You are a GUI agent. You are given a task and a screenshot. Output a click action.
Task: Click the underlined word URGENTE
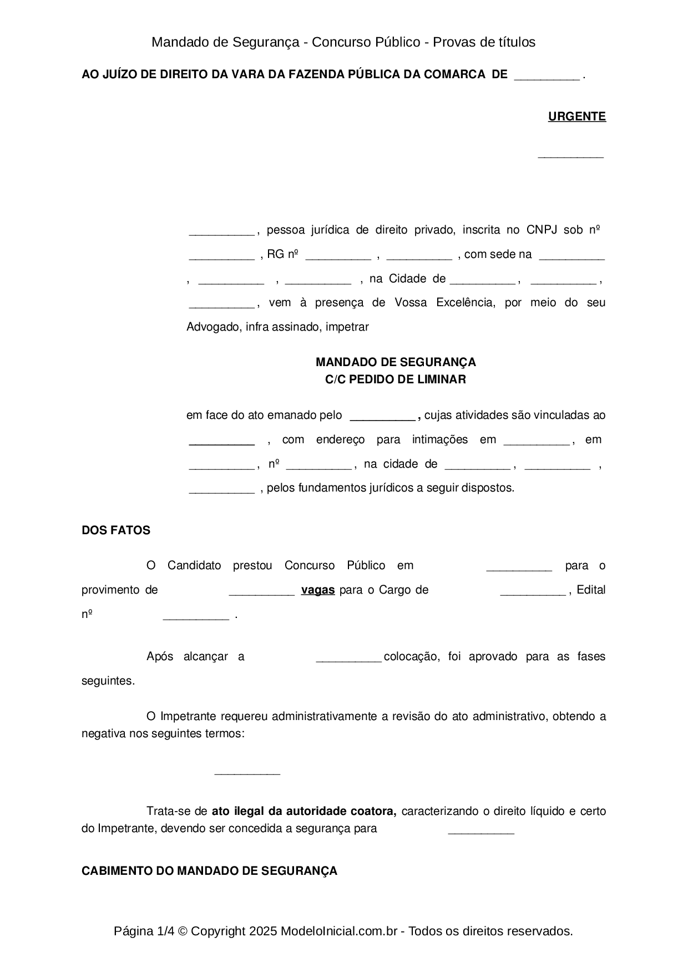tap(576, 116)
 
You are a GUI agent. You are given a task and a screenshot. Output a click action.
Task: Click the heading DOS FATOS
tap(116, 530)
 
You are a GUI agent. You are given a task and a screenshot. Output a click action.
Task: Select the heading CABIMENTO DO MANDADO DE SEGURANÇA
tap(209, 871)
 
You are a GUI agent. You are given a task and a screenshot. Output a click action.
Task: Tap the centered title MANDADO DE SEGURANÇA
tap(396, 362)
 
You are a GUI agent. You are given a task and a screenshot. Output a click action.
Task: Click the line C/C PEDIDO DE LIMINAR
tap(396, 379)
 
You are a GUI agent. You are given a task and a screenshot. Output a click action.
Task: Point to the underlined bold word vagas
tap(318, 590)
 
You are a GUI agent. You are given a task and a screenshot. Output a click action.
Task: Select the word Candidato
tap(194, 565)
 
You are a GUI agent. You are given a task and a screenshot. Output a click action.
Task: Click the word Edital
tap(591, 590)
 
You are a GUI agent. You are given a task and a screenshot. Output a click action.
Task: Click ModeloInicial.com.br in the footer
tap(338, 931)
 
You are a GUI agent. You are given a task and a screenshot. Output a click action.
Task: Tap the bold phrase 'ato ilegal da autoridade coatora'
tap(303, 811)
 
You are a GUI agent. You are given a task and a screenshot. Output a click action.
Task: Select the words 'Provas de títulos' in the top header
tap(484, 42)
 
